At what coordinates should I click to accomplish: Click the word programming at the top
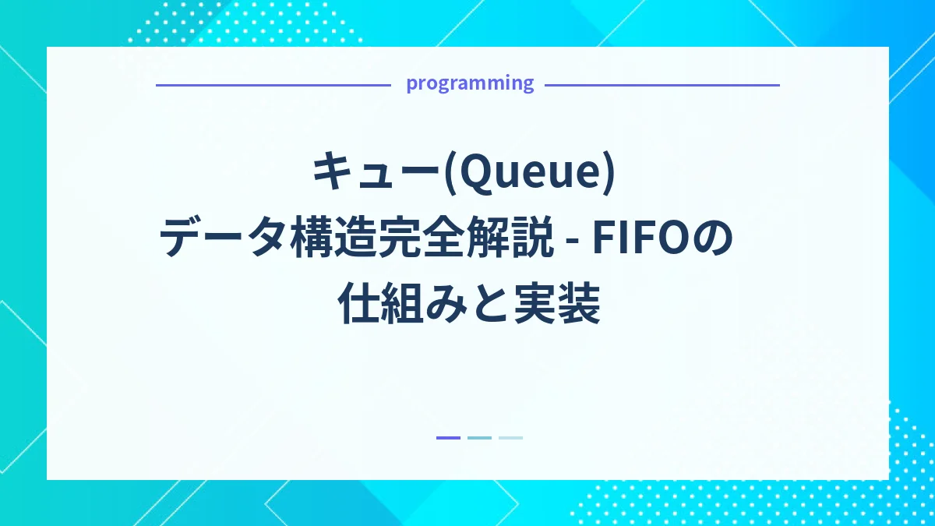pos(470,83)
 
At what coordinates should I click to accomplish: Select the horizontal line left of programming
pos(273,85)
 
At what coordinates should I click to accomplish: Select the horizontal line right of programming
pos(662,85)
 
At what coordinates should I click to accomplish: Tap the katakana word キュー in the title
pos(376,174)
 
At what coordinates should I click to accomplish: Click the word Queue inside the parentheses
pos(531,174)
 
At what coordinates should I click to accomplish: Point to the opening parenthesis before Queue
pos(450,174)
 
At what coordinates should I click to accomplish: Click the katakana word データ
pos(221,240)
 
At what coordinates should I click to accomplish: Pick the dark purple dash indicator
pos(448,438)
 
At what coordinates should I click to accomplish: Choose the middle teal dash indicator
pos(479,438)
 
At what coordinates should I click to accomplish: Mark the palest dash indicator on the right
pos(510,438)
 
